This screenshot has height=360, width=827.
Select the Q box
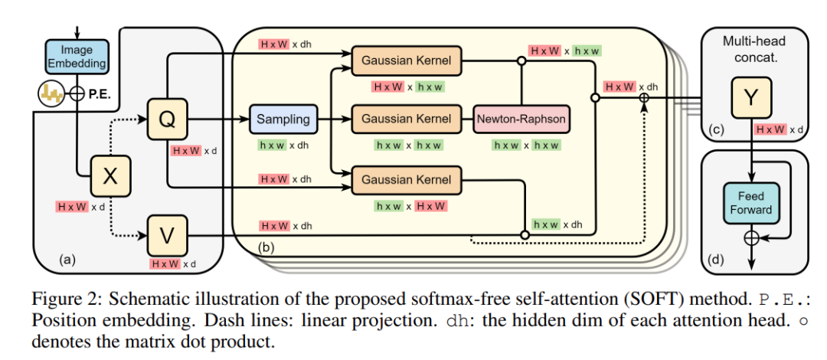point(168,119)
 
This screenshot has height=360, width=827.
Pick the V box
point(168,234)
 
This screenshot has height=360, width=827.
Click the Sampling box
point(283,119)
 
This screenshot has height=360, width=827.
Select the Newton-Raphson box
point(521,119)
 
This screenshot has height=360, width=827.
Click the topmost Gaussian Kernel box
point(406,59)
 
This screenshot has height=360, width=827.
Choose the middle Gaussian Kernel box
point(406,119)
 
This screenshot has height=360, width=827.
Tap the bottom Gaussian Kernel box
point(406,180)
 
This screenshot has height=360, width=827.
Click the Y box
point(754,98)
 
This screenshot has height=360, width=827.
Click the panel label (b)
point(266,247)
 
